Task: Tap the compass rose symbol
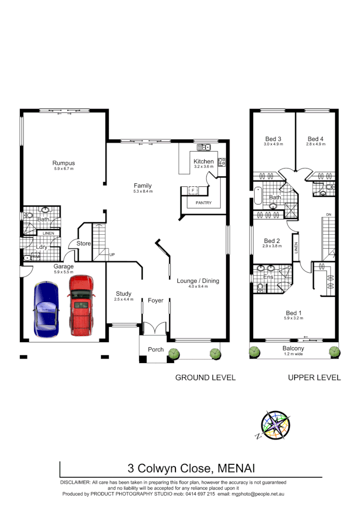click(276, 425)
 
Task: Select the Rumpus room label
click(63, 163)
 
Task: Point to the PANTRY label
click(203, 203)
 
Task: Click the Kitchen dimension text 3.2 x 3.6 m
click(203, 167)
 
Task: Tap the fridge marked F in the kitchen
click(193, 190)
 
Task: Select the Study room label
click(124, 294)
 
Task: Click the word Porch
click(155, 350)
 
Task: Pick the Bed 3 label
click(273, 139)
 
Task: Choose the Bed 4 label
click(315, 139)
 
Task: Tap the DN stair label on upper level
click(328, 214)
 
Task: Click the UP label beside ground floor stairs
click(112, 254)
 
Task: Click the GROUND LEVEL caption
click(205, 378)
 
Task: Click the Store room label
click(84, 244)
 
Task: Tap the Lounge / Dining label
click(198, 281)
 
